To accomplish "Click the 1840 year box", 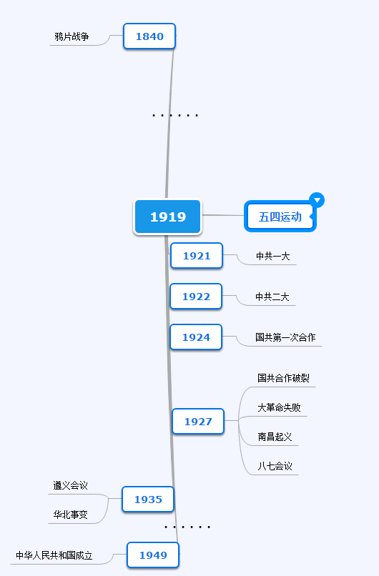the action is click(149, 36).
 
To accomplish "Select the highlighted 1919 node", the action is click(167, 217).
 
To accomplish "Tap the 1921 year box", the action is click(197, 255).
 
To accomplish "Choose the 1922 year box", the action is click(196, 296).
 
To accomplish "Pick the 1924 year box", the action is click(196, 337).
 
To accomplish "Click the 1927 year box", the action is click(198, 422).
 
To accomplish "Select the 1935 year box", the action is click(148, 500).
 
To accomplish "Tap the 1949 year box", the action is click(153, 555).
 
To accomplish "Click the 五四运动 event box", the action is click(280, 217).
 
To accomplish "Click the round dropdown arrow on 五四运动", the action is click(317, 200).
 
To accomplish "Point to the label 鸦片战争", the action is click(72, 36).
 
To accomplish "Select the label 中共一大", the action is click(272, 256).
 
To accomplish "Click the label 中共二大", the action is click(272, 297).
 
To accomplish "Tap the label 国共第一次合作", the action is click(285, 337).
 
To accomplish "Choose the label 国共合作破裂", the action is click(283, 378).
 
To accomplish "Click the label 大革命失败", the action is click(279, 407).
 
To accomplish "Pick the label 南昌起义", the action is click(275, 437).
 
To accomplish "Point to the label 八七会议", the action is click(275, 466).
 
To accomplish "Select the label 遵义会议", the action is click(70, 485).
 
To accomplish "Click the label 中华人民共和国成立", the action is click(54, 555).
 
